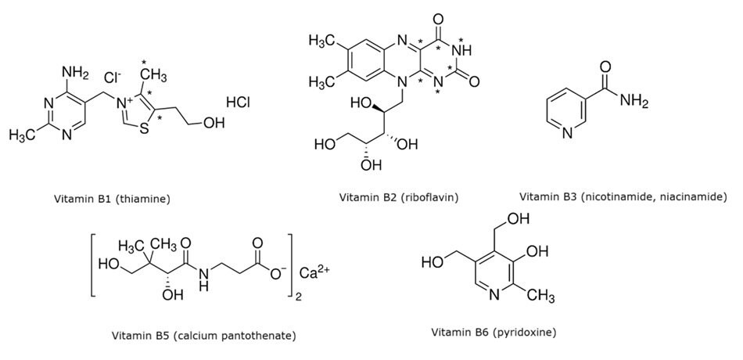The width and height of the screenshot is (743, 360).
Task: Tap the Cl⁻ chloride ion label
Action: point(115,78)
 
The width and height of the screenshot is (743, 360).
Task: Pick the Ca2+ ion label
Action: point(316,275)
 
